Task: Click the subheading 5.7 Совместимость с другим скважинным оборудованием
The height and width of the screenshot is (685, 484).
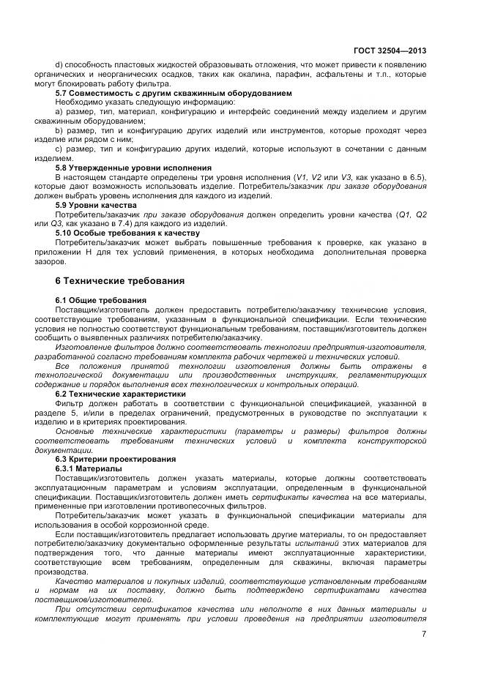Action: (163, 93)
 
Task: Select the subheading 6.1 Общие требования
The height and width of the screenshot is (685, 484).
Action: (101, 301)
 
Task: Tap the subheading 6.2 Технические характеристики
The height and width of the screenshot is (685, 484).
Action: (121, 394)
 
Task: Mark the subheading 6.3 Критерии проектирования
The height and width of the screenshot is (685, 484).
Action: (116, 459)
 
